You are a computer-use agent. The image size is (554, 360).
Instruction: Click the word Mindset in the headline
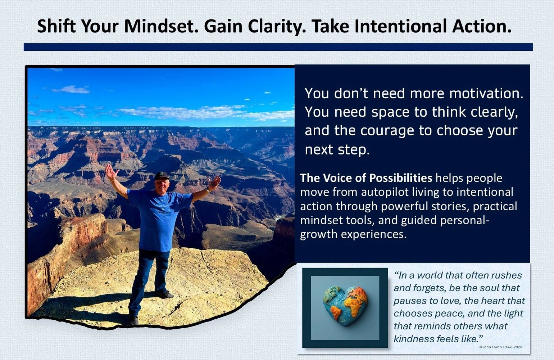coord(161,26)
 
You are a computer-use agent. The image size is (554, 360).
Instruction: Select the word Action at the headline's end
coord(482,26)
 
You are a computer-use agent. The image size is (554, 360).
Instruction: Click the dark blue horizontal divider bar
coord(278,47)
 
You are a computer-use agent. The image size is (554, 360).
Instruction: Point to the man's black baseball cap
coord(162,176)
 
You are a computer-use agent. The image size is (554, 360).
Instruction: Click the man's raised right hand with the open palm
coord(111,172)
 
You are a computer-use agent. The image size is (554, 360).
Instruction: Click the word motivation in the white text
coord(486,94)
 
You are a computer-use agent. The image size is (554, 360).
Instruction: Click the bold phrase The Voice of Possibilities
coord(366,178)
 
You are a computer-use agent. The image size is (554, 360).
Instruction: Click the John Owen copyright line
coord(501,347)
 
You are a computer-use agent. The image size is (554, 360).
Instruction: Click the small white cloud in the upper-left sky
coord(71,90)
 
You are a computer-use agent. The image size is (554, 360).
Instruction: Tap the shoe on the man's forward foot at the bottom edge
coord(134,320)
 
